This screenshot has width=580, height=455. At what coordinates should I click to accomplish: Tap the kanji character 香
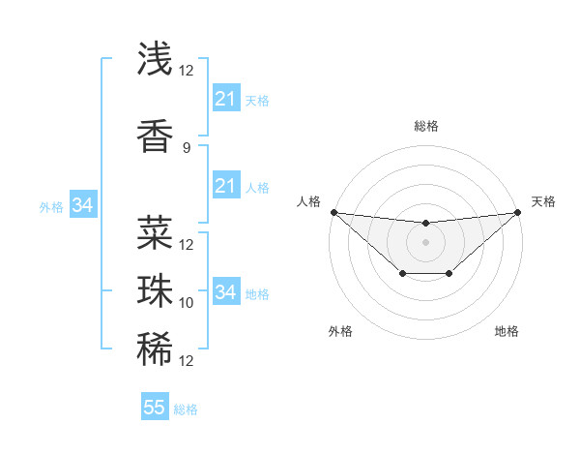tap(155, 136)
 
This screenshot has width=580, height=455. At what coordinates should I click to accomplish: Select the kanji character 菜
tap(155, 232)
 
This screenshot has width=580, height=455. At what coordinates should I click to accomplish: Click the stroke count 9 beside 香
tap(187, 148)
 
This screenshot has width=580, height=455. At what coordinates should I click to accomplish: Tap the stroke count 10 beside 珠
tap(187, 303)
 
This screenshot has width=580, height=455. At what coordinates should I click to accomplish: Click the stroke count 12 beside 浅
tap(187, 71)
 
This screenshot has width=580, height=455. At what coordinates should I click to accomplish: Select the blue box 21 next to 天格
tap(225, 99)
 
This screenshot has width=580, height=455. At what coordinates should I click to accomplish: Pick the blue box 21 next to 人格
tap(225, 186)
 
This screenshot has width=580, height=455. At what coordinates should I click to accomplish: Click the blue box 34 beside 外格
tap(82, 205)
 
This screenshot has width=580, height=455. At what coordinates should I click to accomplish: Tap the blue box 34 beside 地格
tap(225, 292)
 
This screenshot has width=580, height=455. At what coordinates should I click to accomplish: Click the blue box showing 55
tap(155, 408)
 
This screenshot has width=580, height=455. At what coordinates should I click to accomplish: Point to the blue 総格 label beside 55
tap(187, 409)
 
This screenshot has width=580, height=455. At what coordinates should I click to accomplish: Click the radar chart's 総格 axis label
tap(425, 127)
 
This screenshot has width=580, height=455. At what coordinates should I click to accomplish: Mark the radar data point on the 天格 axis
tap(517, 212)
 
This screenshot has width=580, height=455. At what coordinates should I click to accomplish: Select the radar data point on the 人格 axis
tap(333, 212)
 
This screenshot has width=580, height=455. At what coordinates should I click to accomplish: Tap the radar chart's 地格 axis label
tap(507, 331)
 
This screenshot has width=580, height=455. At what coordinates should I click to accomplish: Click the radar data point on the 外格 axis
tap(402, 275)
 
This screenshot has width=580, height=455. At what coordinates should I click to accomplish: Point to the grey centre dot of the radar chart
tap(425, 242)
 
